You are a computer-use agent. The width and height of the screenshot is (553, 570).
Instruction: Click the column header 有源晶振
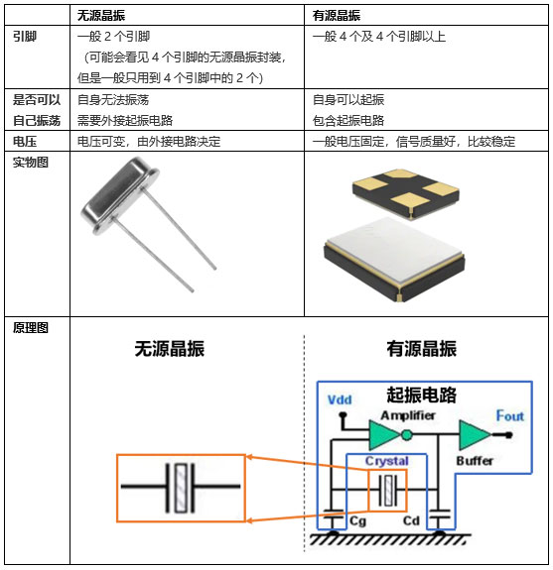[x=337, y=16]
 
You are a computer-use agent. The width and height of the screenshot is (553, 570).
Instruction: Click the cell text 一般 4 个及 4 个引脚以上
[x=379, y=37]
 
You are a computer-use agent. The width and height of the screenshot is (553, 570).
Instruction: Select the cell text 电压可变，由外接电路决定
[x=148, y=142]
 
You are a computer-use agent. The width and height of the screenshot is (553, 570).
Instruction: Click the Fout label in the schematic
[x=509, y=416]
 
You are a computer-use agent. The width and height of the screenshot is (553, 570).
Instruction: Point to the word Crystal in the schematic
[x=386, y=462]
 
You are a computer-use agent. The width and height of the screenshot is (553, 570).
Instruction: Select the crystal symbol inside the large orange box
[x=180, y=486]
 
